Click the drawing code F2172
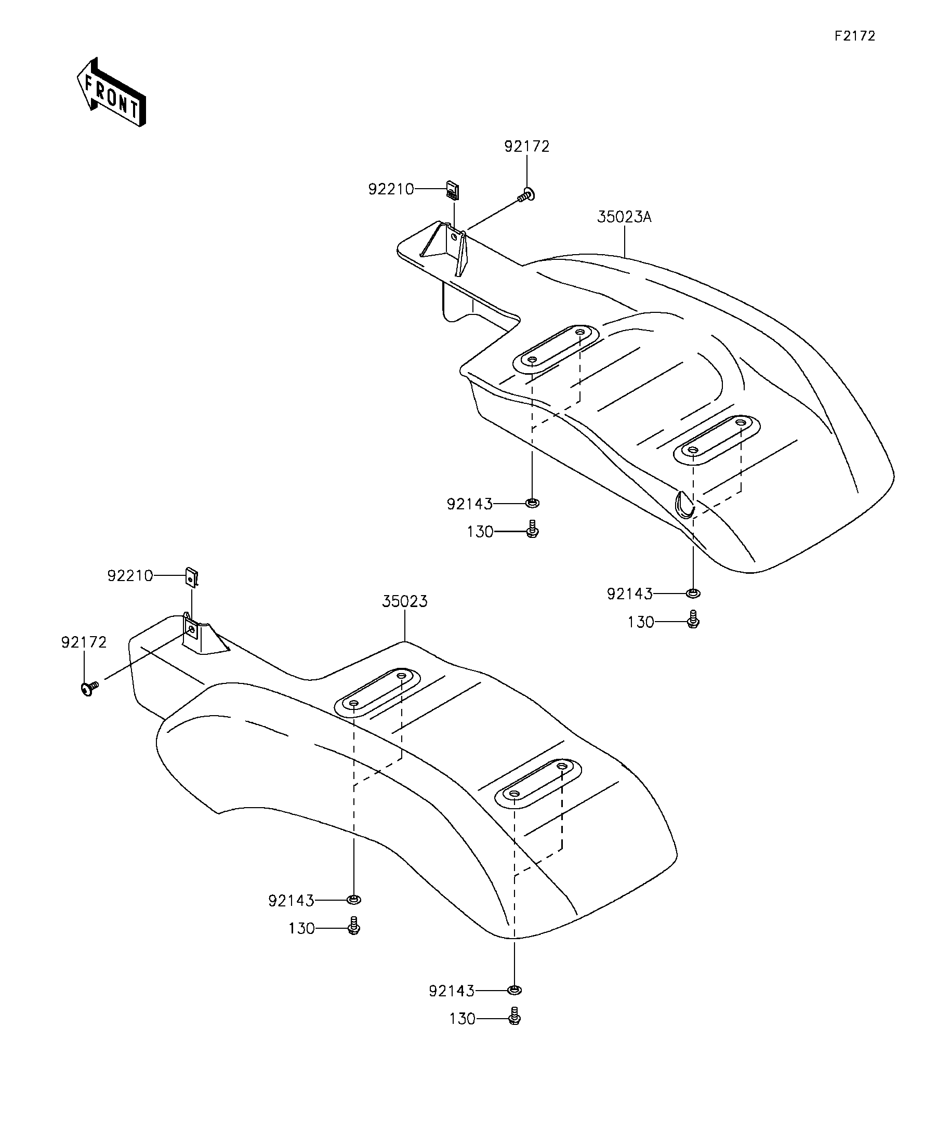(854, 36)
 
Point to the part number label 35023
(404, 601)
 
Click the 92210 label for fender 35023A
(391, 189)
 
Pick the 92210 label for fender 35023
(130, 576)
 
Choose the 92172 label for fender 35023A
(526, 146)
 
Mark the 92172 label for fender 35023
(84, 642)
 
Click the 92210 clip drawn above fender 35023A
(453, 189)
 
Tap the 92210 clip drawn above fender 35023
(192, 577)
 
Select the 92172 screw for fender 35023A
(526, 194)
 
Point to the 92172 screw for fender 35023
(88, 689)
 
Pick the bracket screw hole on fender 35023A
(454, 238)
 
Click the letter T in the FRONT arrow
(135, 107)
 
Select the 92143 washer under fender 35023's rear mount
(514, 990)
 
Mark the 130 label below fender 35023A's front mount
(480, 532)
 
